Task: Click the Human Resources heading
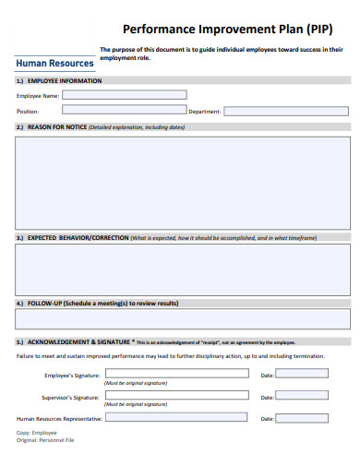(x=55, y=64)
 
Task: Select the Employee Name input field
(x=124, y=94)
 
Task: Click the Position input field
(x=109, y=111)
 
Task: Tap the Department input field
(x=285, y=111)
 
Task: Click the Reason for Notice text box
(x=182, y=181)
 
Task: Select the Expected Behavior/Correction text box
(x=182, y=268)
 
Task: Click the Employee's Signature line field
(x=176, y=374)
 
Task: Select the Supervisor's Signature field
(x=176, y=395)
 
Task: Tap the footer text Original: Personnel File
(x=45, y=440)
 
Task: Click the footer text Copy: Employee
(x=37, y=432)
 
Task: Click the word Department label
(x=205, y=111)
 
